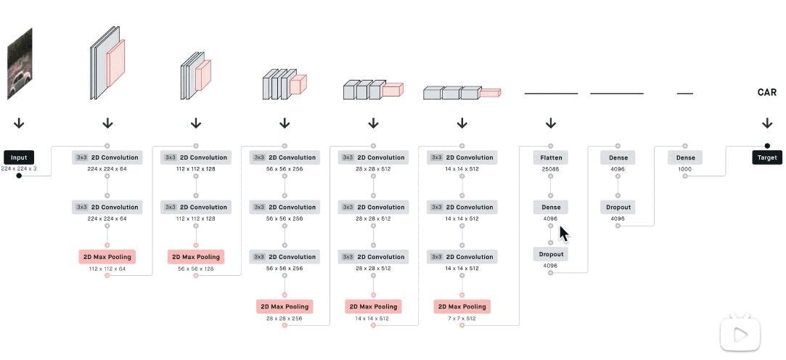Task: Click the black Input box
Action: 19,157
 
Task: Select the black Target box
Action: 767,157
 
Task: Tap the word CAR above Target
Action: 767,92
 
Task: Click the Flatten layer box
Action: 551,157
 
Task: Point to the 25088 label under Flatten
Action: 551,169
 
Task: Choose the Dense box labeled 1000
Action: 685,157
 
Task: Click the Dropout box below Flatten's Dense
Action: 551,254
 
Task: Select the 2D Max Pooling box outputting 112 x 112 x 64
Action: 107,257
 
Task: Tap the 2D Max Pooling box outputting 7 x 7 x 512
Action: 462,306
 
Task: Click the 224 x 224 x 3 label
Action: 19,169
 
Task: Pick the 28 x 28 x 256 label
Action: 284,319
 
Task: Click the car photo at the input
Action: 20,64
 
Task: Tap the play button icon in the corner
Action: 740,334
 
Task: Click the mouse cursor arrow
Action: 564,233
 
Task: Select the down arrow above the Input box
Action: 19,123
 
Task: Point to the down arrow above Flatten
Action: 551,123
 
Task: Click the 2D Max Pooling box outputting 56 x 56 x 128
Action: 196,257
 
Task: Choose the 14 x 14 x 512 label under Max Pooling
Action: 373,319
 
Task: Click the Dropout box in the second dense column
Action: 618,207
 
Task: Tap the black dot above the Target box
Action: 767,146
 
